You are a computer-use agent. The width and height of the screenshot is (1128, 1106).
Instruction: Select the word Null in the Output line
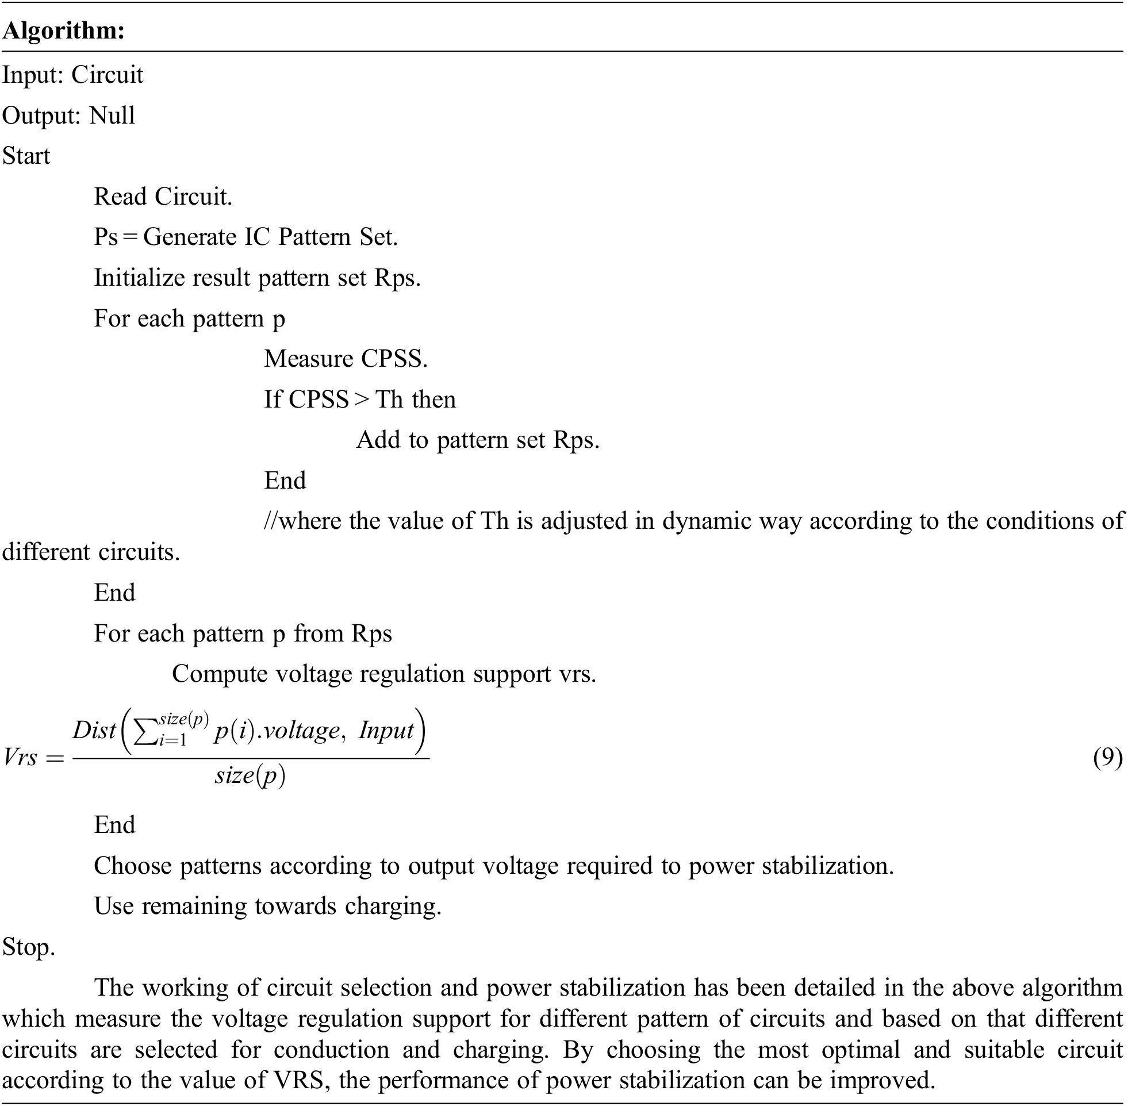[112, 116]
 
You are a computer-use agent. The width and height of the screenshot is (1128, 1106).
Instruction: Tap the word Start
[26, 156]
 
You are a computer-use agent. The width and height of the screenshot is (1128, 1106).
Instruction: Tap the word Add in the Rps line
[378, 440]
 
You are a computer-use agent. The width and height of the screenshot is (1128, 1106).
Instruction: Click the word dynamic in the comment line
[707, 521]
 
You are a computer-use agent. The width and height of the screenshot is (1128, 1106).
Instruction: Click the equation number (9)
[1107, 758]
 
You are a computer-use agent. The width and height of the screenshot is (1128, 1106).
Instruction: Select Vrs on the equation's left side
[21, 758]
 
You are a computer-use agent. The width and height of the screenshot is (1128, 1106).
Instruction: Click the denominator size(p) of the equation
[250, 776]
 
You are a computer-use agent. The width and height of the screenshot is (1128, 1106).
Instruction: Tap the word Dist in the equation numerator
[94, 730]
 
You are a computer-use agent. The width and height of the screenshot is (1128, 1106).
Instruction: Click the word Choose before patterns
[132, 866]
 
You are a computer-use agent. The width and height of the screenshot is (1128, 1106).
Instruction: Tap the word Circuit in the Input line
[108, 75]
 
